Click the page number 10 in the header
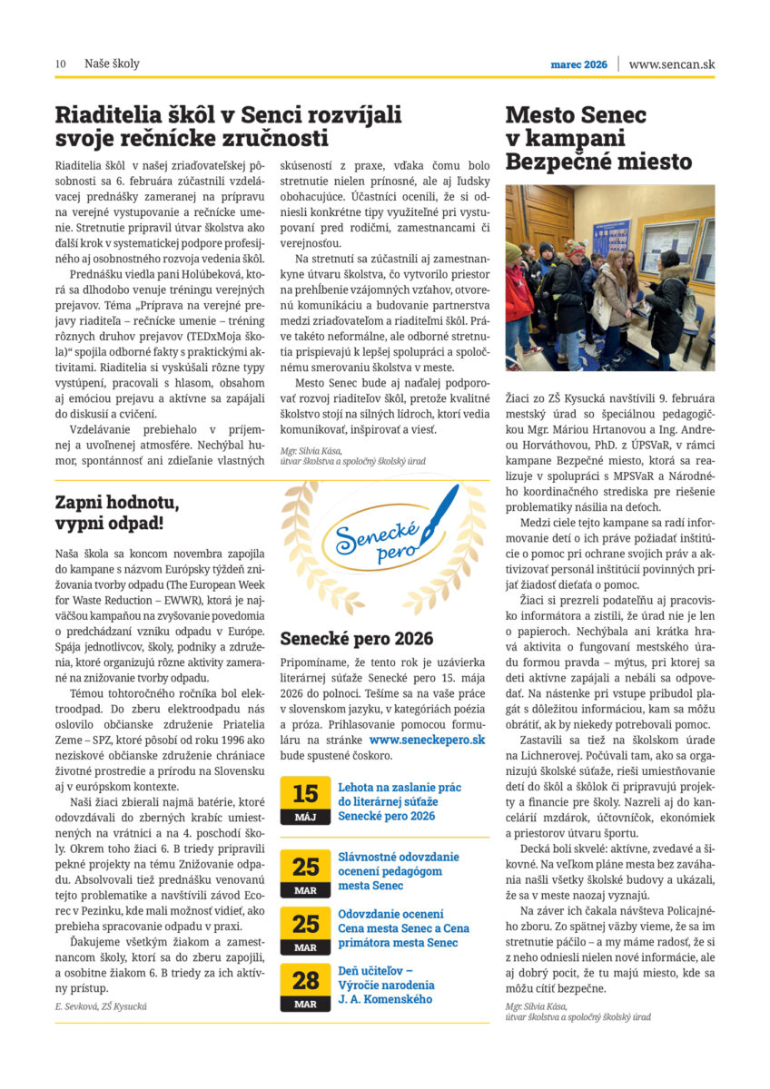click(x=60, y=64)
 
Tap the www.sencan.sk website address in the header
click(x=671, y=64)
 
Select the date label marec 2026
click(x=578, y=64)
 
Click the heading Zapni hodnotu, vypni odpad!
click(x=117, y=514)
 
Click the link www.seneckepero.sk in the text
click(x=428, y=741)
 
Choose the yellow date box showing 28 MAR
click(x=305, y=986)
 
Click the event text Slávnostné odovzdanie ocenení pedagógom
click(x=399, y=869)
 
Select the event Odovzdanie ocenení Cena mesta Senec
click(x=403, y=927)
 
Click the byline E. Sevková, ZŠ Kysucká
click(x=101, y=1006)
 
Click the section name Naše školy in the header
click(x=112, y=64)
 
